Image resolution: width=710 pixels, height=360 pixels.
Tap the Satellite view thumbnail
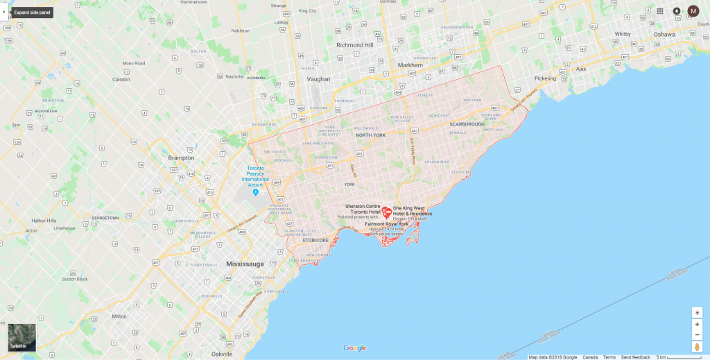click(21, 338)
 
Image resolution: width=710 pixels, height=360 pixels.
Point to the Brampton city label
click(181, 157)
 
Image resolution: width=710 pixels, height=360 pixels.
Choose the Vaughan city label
click(318, 79)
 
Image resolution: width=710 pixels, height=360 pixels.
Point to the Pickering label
click(545, 78)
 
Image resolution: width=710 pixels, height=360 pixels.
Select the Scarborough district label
click(467, 124)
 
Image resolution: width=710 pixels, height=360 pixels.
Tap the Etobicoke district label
click(315, 240)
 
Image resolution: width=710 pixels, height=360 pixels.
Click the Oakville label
click(223, 354)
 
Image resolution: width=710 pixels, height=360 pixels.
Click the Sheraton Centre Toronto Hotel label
click(363, 209)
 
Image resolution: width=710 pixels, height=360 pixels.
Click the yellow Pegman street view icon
click(697, 346)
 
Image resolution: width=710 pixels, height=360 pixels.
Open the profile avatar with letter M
click(693, 11)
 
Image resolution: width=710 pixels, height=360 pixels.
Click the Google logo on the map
click(354, 348)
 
